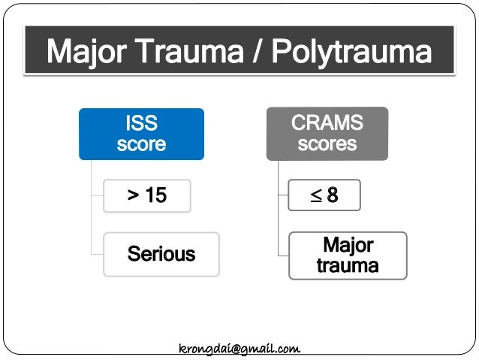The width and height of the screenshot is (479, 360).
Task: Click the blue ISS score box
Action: (x=141, y=134)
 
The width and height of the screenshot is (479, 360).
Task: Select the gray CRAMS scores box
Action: (x=327, y=133)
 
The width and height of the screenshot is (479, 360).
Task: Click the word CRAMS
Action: (x=327, y=123)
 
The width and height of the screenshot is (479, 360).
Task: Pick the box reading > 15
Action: (x=146, y=196)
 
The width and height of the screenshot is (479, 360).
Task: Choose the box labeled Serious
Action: (x=161, y=254)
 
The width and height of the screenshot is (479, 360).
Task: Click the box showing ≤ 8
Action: (x=324, y=196)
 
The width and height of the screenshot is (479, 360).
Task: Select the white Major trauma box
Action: (x=348, y=256)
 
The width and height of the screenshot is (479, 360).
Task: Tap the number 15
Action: (x=155, y=196)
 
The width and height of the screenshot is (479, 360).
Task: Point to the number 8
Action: (x=332, y=196)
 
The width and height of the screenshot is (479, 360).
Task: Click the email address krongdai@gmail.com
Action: (x=239, y=349)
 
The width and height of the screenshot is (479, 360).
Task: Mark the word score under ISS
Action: (x=141, y=144)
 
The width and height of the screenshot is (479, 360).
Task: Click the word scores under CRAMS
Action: (x=327, y=144)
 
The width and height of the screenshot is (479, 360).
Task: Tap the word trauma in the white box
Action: (x=348, y=265)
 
